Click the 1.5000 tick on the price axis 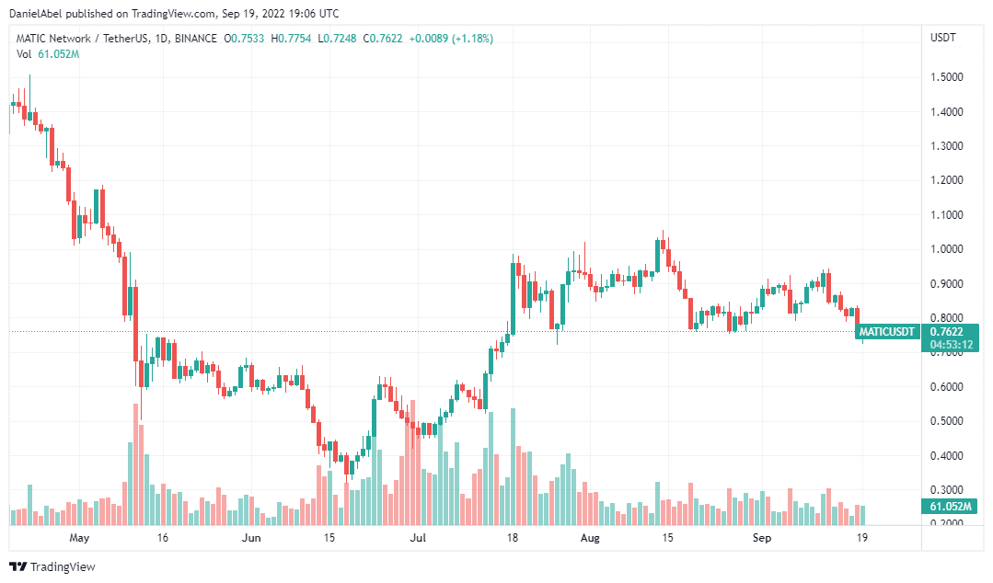[x=949, y=77]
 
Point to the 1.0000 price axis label [x=949, y=249]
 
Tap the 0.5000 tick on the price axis [x=949, y=421]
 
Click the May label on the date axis [x=80, y=537]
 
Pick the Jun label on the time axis [x=250, y=537]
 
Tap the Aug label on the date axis [x=590, y=537]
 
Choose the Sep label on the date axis [x=761, y=537]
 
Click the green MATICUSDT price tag [x=886, y=332]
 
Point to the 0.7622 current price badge [x=948, y=332]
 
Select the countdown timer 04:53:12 [x=952, y=345]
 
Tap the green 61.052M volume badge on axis [x=949, y=507]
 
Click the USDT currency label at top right [x=943, y=38]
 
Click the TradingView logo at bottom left [x=52, y=566]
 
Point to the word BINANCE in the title [x=196, y=39]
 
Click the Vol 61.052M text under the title [x=48, y=54]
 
